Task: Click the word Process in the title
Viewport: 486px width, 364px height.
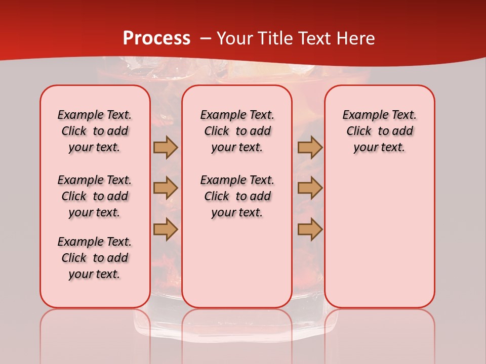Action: [156, 38]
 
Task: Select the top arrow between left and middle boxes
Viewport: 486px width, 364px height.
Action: [166, 147]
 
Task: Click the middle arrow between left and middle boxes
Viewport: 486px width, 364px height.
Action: [166, 188]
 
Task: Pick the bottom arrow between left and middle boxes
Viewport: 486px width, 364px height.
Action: [166, 229]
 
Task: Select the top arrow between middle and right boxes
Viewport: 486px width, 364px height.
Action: [310, 147]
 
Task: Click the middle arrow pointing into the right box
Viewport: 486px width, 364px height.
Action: [310, 188]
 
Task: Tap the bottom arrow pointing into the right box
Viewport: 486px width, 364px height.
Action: [310, 229]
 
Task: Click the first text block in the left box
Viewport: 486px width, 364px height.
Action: [95, 131]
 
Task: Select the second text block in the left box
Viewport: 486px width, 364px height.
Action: [95, 196]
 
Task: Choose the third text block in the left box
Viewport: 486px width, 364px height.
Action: [95, 258]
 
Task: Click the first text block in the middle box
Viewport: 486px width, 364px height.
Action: [237, 131]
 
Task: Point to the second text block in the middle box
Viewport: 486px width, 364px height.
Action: [237, 196]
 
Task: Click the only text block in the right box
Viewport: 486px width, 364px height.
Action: [379, 131]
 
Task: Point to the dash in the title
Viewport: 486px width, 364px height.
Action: [206, 38]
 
